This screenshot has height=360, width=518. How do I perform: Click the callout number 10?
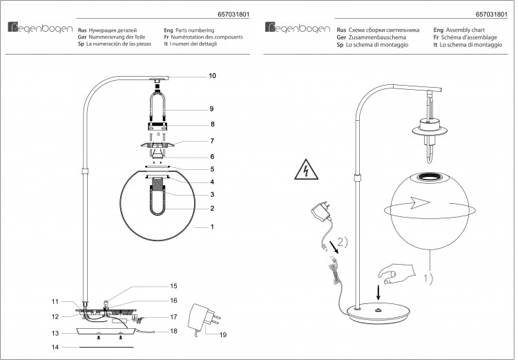click(x=212, y=76)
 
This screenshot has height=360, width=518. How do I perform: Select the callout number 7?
click(x=212, y=141)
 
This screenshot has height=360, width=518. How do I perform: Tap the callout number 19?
click(x=223, y=335)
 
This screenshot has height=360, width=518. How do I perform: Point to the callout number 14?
click(x=55, y=347)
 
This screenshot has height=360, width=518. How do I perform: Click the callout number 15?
click(x=173, y=286)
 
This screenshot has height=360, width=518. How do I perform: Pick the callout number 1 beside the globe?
click(x=212, y=227)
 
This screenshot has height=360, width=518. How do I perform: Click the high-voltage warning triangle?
click(x=306, y=169)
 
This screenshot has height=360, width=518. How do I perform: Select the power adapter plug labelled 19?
click(x=203, y=319)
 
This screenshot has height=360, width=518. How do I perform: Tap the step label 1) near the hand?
click(x=428, y=278)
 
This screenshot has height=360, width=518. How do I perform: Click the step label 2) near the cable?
click(x=343, y=243)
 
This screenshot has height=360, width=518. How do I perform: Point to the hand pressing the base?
click(x=396, y=274)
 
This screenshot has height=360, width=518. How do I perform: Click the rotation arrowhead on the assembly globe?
click(x=419, y=202)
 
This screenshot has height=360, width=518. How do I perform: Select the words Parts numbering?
click(x=195, y=30)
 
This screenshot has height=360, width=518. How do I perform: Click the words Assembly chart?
click(x=465, y=30)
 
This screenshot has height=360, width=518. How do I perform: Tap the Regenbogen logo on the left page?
click(x=40, y=28)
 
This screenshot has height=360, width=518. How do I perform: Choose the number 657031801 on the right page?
click(x=491, y=15)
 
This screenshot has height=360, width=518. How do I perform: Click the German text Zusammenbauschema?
click(x=377, y=37)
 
